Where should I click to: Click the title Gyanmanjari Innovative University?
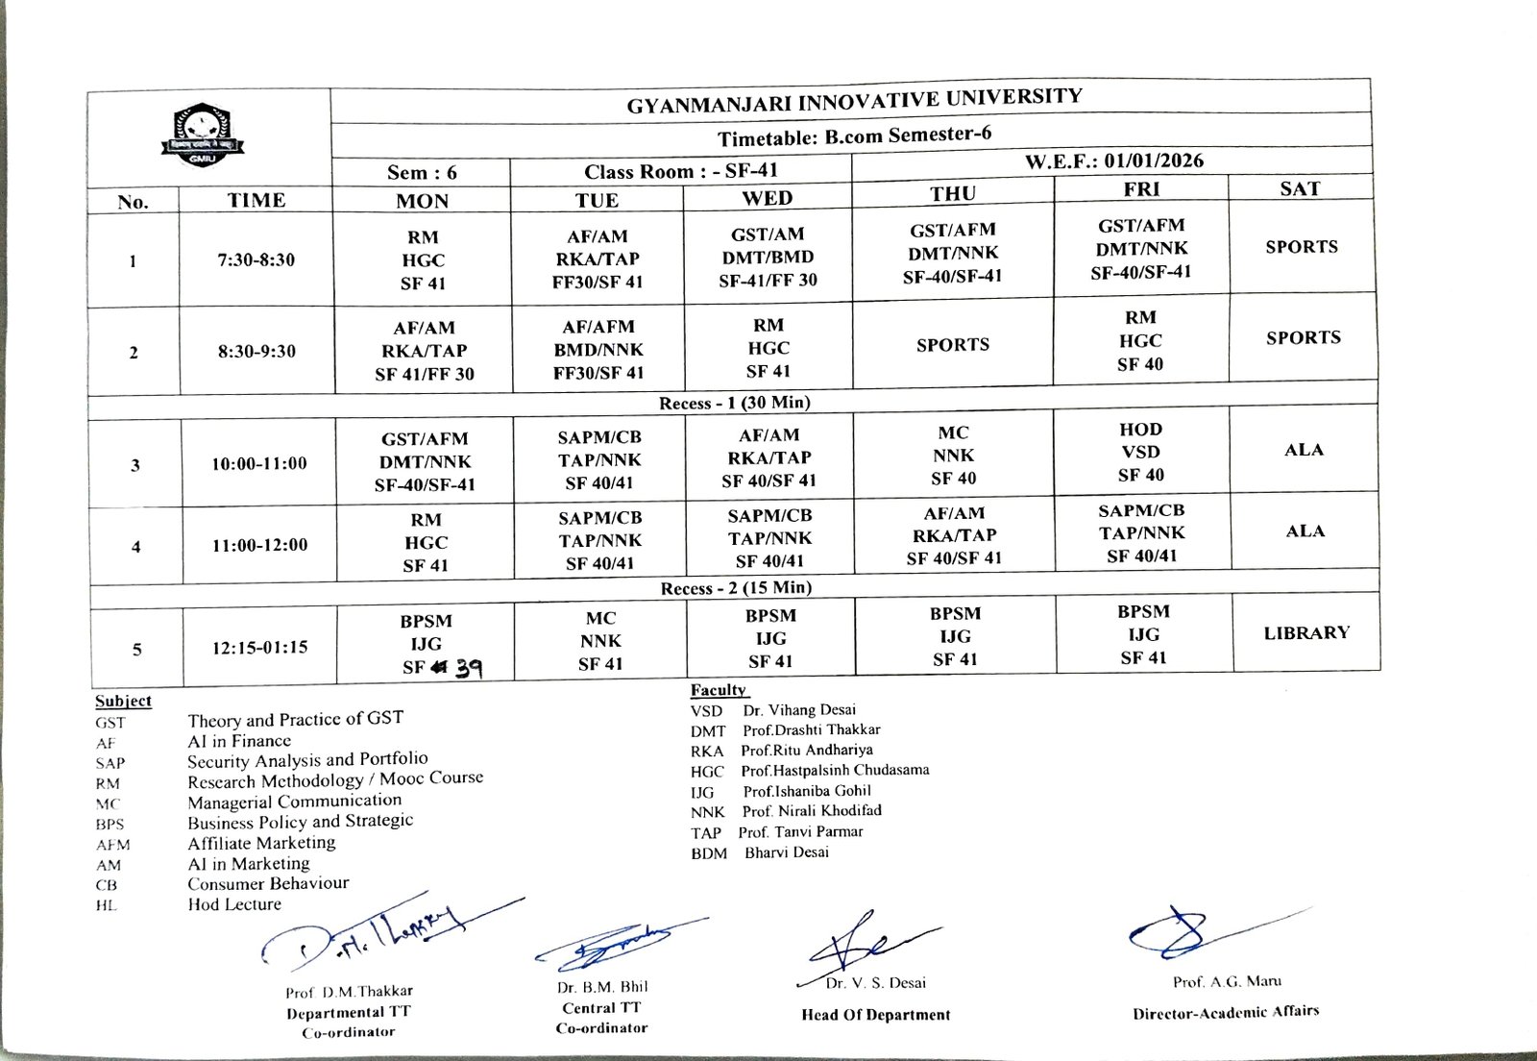point(854,100)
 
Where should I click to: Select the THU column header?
point(952,193)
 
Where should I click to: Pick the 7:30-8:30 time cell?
point(256,259)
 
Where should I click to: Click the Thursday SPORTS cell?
point(952,344)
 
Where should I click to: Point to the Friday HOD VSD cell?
point(1140,452)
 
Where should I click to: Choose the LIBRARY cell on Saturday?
point(1305,632)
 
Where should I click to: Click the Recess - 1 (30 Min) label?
point(734,403)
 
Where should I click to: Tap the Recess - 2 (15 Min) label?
point(736,587)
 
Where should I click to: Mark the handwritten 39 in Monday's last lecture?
point(468,668)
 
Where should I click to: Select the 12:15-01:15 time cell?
point(259,647)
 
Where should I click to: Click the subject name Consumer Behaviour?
point(268,883)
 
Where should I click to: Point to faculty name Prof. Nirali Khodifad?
point(812,811)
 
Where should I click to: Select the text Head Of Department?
point(875,1015)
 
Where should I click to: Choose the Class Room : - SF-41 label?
point(680,171)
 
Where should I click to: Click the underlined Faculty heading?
point(718,690)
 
